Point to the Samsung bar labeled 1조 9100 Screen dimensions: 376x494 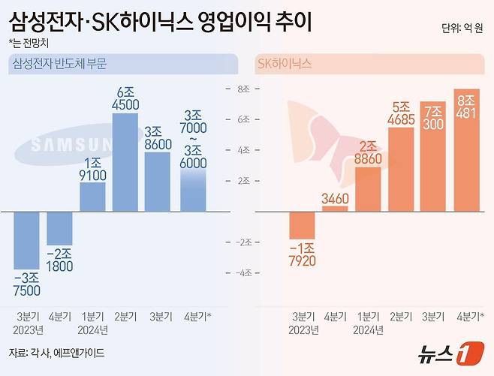[92, 197]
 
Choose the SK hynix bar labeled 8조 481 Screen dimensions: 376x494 [466, 149]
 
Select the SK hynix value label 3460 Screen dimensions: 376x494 [334, 198]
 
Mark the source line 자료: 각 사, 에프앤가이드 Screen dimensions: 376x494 [56, 352]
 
